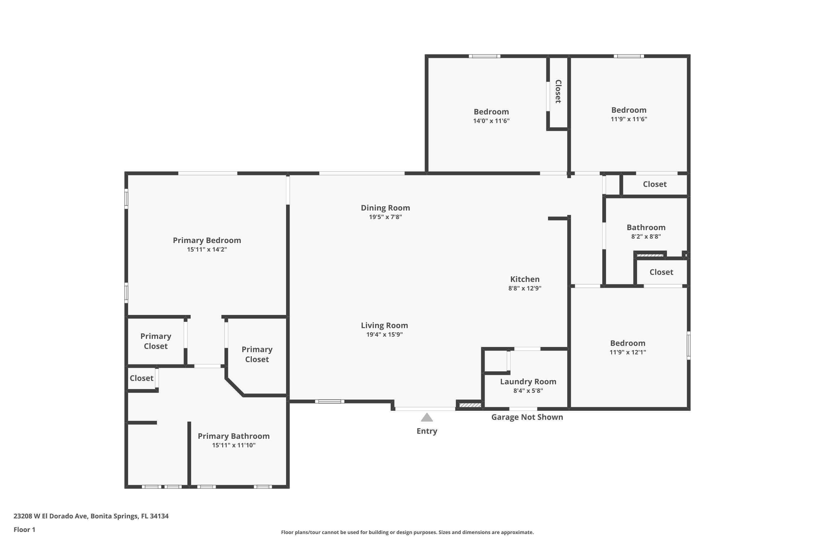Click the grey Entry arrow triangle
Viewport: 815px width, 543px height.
(x=427, y=417)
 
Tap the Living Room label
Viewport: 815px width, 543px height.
(x=384, y=326)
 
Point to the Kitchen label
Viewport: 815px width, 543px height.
(x=525, y=279)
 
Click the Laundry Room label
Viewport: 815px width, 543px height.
(x=528, y=382)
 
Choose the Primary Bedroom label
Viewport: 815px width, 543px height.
(x=207, y=240)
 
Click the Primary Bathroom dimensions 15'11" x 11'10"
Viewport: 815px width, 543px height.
(x=234, y=445)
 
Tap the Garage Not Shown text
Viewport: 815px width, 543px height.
(x=527, y=417)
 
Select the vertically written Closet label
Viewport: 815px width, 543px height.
(x=558, y=91)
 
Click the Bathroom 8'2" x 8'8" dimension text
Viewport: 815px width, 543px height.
(x=646, y=236)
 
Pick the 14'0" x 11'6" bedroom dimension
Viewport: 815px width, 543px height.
(x=491, y=121)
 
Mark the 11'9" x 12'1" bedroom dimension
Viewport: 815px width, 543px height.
(x=628, y=352)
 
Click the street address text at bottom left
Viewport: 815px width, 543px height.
(x=91, y=516)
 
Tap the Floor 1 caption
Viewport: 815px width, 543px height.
(x=24, y=529)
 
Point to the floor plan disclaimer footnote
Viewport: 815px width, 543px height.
(x=407, y=532)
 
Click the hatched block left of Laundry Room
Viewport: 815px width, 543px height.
(x=470, y=405)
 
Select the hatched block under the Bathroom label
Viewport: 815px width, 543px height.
(x=650, y=255)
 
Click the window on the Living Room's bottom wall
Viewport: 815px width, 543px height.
(x=330, y=401)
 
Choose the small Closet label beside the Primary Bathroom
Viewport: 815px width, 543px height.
(x=141, y=378)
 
